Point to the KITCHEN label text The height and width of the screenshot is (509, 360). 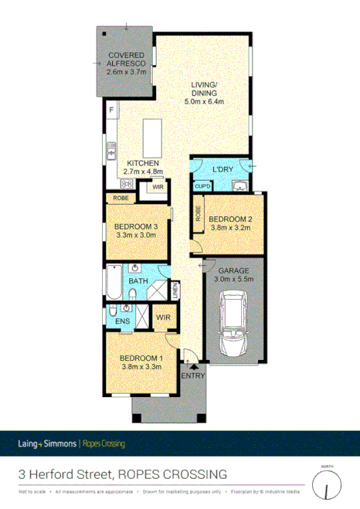click(144, 163)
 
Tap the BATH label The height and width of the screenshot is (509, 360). click(140, 282)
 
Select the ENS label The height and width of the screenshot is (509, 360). click(121, 321)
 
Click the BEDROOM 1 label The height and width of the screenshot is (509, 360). click(141, 358)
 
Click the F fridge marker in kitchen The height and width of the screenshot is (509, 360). click(111, 111)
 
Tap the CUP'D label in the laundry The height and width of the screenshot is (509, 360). click(203, 185)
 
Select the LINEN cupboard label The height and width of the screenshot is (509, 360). click(176, 291)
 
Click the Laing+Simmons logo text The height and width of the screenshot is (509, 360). click(48, 444)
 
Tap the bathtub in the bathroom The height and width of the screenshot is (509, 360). click(113, 282)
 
